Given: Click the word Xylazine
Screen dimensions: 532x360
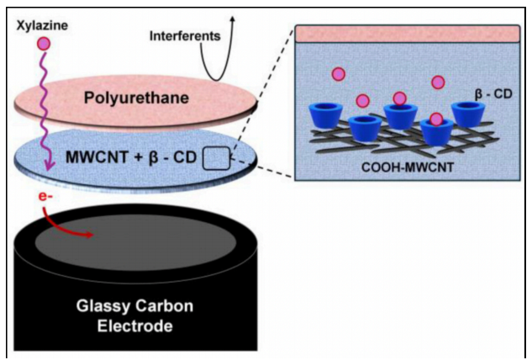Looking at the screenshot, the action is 42,25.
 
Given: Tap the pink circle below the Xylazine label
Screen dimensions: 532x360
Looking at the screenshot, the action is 44,44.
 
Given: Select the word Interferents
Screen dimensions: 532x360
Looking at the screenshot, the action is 185,36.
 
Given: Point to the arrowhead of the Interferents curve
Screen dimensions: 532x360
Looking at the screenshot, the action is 233,19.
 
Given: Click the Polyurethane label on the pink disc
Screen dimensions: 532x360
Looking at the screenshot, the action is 136,98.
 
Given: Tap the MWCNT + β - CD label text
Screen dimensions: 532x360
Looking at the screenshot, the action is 131,157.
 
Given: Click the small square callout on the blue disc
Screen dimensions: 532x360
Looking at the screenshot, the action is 217,158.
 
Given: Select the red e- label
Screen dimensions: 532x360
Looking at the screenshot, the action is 45,196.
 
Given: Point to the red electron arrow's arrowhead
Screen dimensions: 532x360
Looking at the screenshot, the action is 89,235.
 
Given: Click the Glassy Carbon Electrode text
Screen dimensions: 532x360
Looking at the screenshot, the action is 135,315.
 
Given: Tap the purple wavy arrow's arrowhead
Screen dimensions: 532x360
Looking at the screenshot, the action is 50,166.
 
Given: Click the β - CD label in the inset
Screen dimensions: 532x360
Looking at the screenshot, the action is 493,93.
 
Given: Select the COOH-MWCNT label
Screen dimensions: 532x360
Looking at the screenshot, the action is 408,167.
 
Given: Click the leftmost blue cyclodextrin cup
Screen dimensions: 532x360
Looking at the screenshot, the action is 326,115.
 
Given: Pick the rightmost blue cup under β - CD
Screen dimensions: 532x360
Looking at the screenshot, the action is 468,114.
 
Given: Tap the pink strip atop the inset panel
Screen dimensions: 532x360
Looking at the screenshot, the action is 408,34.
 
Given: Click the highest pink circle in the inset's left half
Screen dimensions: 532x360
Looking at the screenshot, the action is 339,74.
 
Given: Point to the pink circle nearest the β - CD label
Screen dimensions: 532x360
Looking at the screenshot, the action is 438,82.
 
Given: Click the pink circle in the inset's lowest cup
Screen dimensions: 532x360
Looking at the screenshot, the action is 436,119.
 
